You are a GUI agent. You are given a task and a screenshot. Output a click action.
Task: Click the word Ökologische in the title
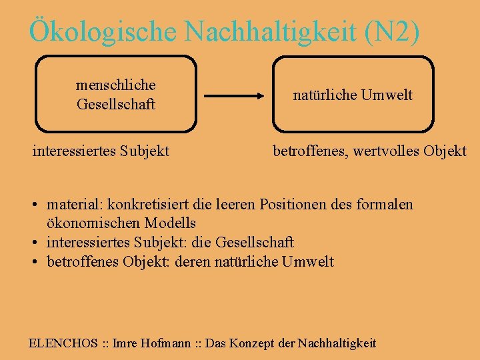(x=101, y=31)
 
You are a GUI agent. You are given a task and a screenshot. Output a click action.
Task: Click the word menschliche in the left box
(x=116, y=85)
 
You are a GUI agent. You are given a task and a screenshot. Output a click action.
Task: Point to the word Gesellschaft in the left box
(x=116, y=104)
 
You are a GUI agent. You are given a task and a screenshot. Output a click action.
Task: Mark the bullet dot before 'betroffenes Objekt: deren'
(x=33, y=261)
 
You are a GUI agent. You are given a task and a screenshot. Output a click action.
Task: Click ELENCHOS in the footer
(x=63, y=343)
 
